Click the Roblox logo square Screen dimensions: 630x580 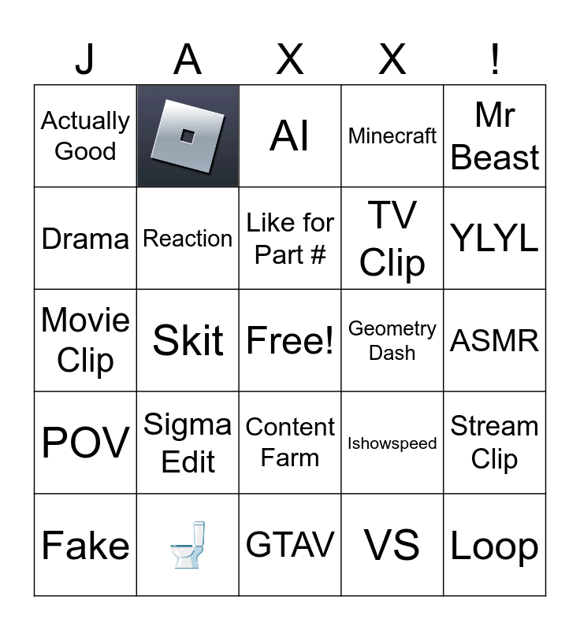tap(188, 136)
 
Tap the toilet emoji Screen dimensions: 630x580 tap(188, 545)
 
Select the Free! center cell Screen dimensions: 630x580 tap(290, 340)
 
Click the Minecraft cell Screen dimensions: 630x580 tap(392, 136)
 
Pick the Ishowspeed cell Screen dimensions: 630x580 tap(392, 443)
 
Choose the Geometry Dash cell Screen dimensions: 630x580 tap(392, 340)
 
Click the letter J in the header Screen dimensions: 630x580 tap(85, 59)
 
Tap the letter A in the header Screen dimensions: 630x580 tap(188, 59)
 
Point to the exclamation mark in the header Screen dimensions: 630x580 tap(495, 59)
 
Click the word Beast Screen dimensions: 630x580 tap(495, 157)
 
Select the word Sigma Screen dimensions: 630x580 tap(188, 425)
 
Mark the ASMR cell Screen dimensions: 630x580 tap(495, 340)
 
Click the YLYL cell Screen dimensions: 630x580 tap(495, 238)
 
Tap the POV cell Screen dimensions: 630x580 tap(85, 443)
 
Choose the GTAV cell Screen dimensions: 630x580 tap(290, 545)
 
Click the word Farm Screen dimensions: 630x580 tap(290, 458)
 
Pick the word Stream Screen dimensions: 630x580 tap(495, 426)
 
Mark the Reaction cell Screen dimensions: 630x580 tap(188, 238)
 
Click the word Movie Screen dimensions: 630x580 tap(85, 320)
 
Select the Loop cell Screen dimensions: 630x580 tap(495, 546)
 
